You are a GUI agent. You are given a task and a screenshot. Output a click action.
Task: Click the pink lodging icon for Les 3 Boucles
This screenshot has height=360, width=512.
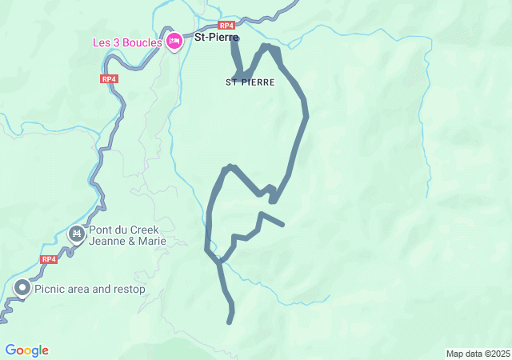[174, 42]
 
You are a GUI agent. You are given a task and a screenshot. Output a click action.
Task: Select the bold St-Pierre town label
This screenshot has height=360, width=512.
[217, 36]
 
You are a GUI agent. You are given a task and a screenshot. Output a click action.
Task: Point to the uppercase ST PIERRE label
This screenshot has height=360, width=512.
[250, 82]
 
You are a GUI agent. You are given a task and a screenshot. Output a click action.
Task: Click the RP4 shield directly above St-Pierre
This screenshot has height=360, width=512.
[226, 26]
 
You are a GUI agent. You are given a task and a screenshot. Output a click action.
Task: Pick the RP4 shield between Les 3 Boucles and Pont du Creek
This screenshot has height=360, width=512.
[109, 79]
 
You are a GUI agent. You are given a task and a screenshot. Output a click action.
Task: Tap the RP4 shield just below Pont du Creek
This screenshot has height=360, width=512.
[49, 259]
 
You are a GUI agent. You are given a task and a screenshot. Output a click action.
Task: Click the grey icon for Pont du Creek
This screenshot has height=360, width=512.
[77, 234]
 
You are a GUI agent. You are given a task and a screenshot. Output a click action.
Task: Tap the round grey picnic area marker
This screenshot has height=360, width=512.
[22, 288]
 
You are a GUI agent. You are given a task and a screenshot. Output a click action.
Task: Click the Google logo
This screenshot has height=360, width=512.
[27, 350]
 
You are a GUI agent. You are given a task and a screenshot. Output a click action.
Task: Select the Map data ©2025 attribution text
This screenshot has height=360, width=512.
[478, 354]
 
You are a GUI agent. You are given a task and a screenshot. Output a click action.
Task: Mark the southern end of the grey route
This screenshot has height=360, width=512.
[230, 322]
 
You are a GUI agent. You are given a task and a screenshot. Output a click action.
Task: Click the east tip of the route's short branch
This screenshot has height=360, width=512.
[282, 224]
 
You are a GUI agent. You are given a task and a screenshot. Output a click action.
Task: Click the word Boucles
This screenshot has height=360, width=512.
[144, 41]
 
